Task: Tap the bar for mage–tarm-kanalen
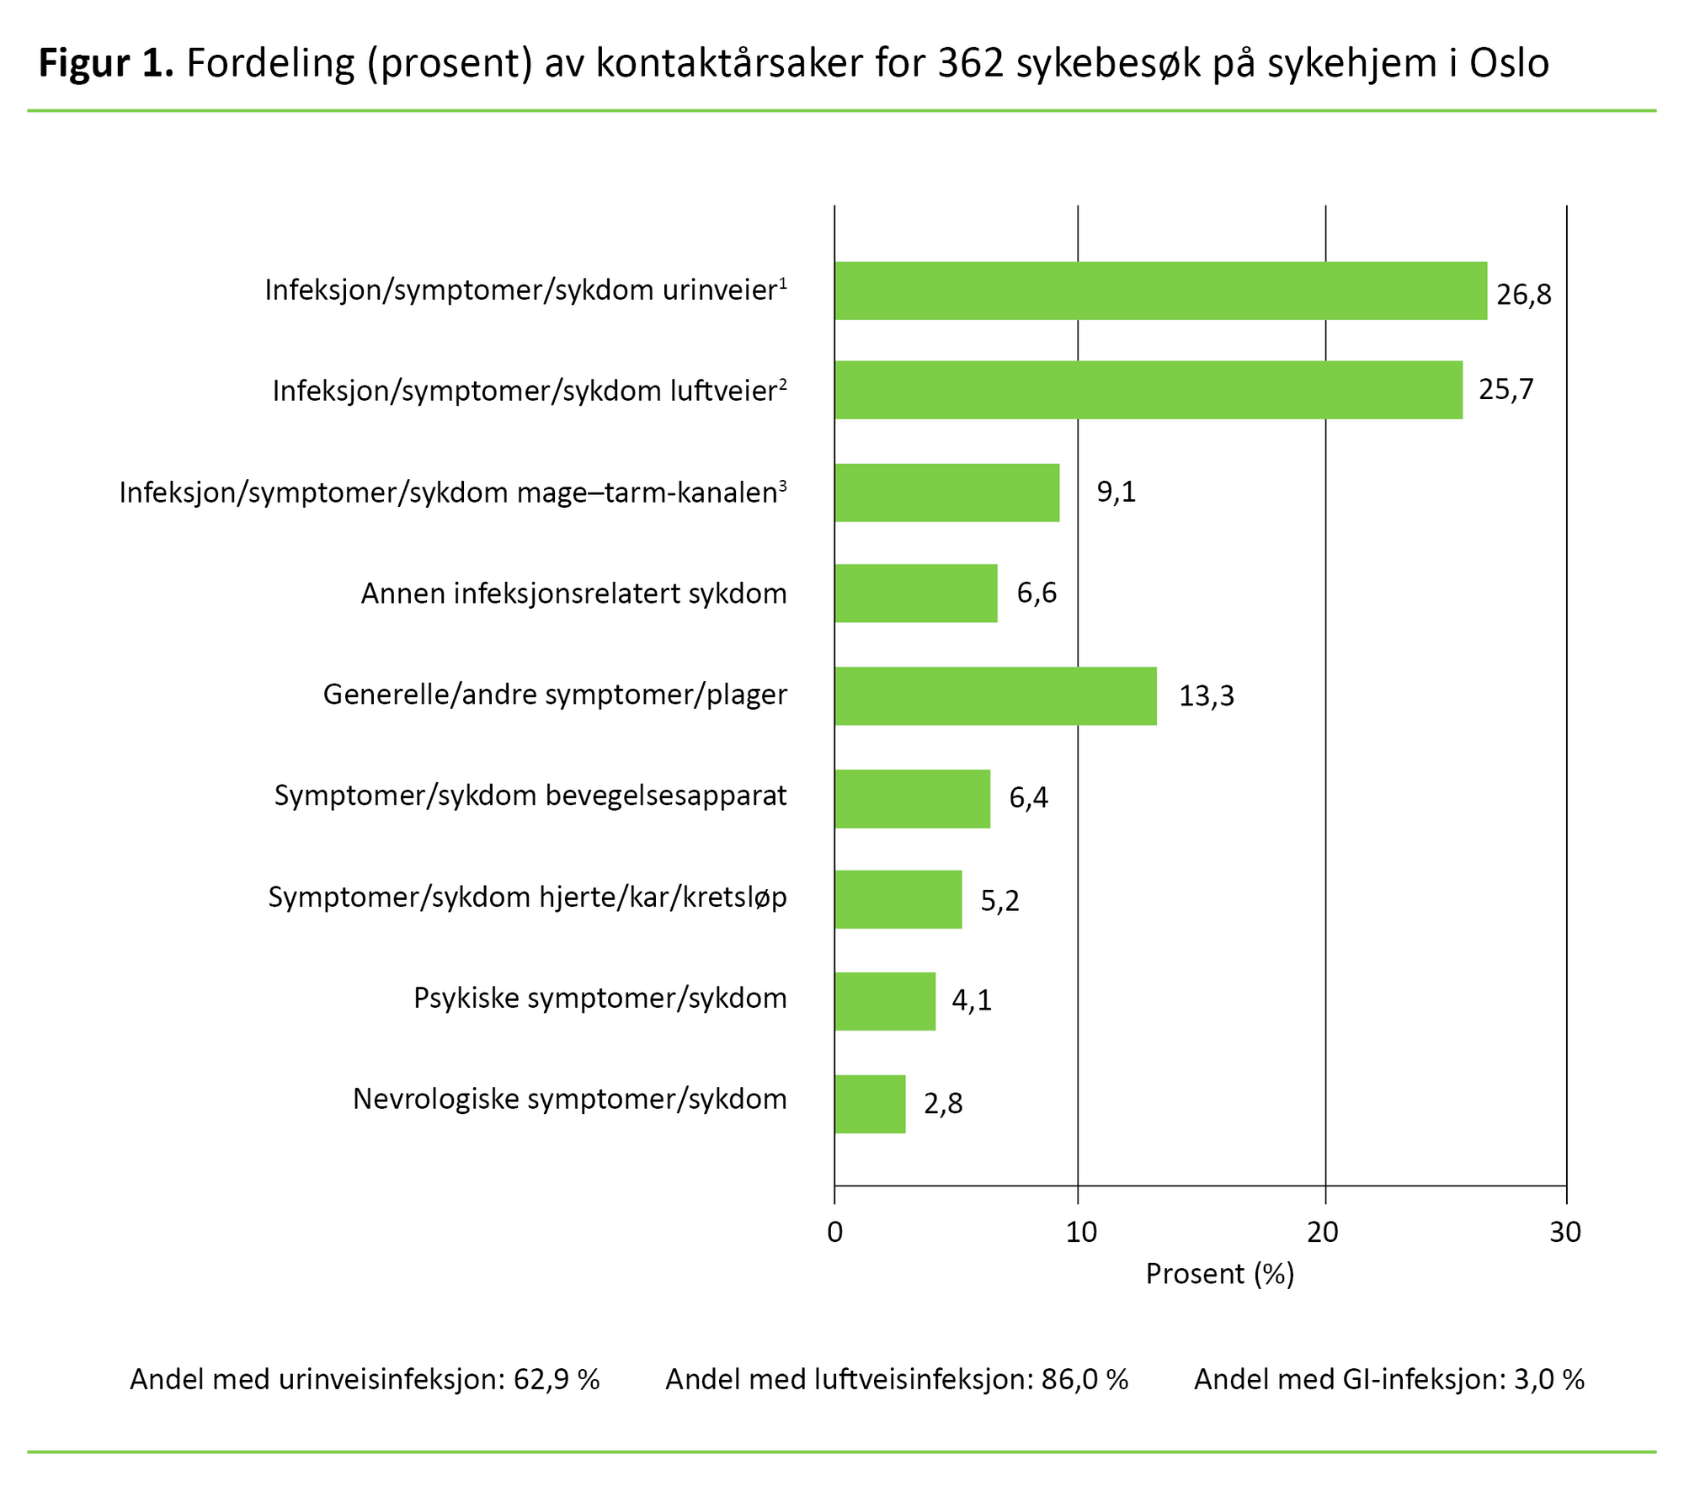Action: [x=946, y=493]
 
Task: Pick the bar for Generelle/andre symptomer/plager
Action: [x=995, y=695]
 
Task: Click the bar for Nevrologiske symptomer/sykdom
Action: [x=870, y=1103]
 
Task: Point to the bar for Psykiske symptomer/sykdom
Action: [x=885, y=1001]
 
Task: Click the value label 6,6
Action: [x=1036, y=594]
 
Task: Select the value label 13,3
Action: [x=1206, y=696]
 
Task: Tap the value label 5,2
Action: [x=999, y=901]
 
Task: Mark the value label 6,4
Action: [x=1028, y=797]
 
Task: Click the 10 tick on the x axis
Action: [x=1081, y=1233]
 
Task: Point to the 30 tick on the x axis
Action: [x=1564, y=1233]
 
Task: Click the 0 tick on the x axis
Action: [x=834, y=1233]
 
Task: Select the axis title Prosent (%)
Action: [x=1219, y=1274]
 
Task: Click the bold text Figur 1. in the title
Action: [x=106, y=63]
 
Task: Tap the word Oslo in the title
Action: [x=1509, y=63]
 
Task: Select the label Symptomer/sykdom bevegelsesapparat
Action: [x=530, y=796]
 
